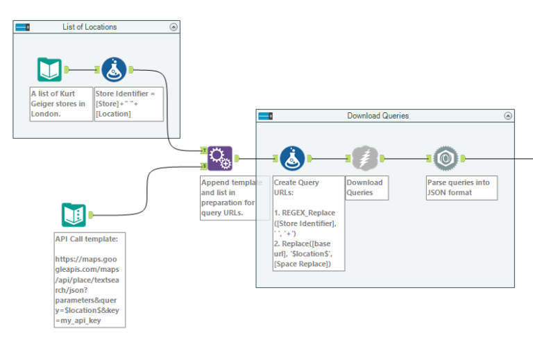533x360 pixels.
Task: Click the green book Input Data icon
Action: point(49,69)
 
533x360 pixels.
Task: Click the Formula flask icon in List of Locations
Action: point(114,69)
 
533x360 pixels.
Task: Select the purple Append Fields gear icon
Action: point(219,158)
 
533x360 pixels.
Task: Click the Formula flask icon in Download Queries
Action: point(292,158)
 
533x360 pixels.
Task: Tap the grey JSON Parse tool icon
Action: point(444,158)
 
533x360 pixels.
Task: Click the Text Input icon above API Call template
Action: point(74,215)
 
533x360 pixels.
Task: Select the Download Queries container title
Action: point(378,116)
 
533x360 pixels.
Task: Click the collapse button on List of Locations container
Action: point(174,27)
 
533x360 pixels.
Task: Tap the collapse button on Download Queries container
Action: point(507,116)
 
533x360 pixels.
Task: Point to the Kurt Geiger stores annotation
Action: point(61,104)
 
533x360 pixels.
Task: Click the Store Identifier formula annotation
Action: point(128,104)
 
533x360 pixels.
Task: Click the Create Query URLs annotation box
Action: point(308,223)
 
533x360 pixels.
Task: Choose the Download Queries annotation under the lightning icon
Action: point(365,187)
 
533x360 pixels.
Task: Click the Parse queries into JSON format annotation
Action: point(461,187)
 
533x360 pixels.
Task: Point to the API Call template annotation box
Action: point(90,280)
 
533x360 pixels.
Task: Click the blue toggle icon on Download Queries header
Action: point(265,116)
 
